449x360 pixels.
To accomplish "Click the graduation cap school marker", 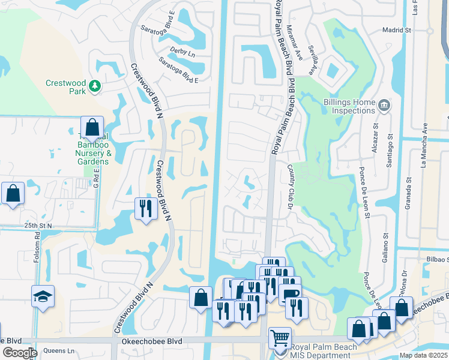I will pyautogui.click(x=43, y=296).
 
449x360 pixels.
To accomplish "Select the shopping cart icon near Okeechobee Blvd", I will pyautogui.click(x=280, y=338).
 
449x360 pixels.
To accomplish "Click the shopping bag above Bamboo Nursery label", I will pyautogui.click(x=92, y=127).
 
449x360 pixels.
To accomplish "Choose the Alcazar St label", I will pyautogui.click(x=375, y=139).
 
